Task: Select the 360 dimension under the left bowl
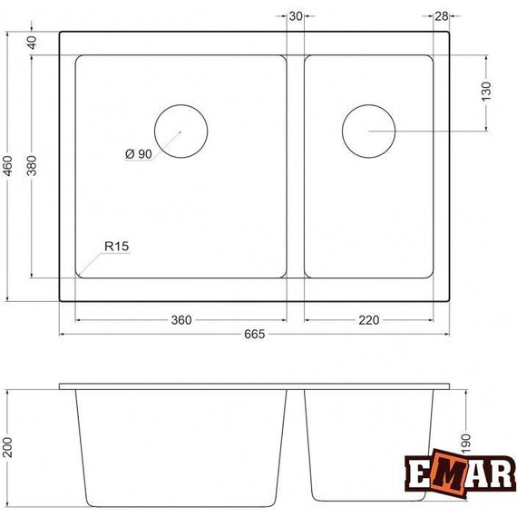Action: [x=180, y=320]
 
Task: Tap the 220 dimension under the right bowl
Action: [x=367, y=320]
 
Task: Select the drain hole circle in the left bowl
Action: [x=180, y=131]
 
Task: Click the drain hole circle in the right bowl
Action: [x=368, y=131]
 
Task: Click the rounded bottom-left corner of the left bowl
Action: [x=81, y=269]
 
